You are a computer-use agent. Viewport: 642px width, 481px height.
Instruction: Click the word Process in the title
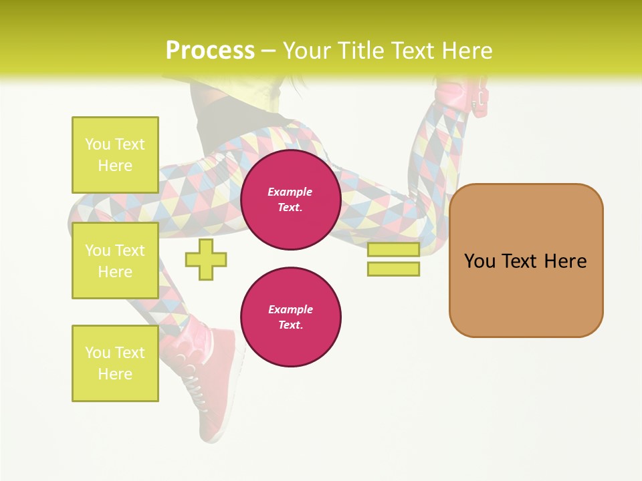coord(210,50)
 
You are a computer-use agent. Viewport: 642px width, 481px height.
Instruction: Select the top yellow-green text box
coord(115,155)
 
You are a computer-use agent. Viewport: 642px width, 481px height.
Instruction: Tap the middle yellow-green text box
coord(115,261)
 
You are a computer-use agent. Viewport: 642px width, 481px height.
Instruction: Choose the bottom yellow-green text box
coord(115,363)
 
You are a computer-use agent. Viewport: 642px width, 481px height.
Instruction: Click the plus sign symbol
coord(206,259)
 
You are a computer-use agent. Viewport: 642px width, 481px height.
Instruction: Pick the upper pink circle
coord(290,200)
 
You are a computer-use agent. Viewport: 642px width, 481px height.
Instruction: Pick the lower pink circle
coord(290,317)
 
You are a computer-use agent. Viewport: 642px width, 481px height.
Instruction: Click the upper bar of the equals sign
coord(393,250)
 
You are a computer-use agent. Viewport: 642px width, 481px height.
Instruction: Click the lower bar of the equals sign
coord(393,269)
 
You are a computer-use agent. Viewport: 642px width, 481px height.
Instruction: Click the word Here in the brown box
coord(565,261)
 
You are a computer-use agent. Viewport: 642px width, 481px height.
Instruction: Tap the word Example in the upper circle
coord(290,192)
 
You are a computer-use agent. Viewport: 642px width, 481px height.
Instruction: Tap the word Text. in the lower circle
coord(290,325)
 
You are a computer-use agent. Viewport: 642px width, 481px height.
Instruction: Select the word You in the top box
coord(98,144)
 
